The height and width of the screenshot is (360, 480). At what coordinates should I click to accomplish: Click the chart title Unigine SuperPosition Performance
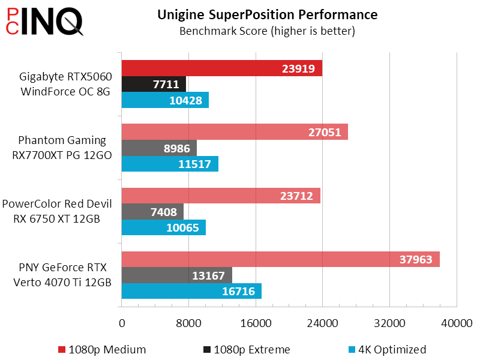[x=267, y=14]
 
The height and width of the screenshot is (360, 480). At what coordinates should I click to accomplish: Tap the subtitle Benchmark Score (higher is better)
[x=267, y=31]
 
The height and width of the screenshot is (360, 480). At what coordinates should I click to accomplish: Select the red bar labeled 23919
[x=222, y=68]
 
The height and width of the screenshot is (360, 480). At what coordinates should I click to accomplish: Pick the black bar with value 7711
[x=154, y=85]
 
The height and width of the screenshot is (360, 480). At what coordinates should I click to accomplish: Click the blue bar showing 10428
[x=165, y=100]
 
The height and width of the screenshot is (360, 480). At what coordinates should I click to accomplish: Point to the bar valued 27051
[x=235, y=132]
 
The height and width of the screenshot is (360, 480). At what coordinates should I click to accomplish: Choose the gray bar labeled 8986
[x=159, y=148]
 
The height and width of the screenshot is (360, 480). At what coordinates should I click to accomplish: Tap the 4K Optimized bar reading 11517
[x=170, y=164]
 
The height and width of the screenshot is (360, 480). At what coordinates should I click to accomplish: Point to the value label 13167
[x=208, y=275]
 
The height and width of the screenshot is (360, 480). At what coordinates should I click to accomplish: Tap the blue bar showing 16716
[x=191, y=292]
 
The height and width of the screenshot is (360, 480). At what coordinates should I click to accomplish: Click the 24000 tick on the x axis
[x=323, y=323]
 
